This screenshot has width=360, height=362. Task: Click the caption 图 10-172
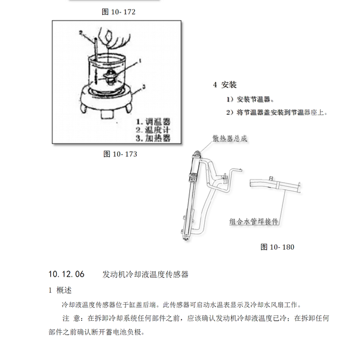(x=115, y=11)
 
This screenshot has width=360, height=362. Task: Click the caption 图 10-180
(x=278, y=246)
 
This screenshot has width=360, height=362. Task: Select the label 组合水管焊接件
(x=254, y=220)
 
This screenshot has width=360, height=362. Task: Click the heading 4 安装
(x=225, y=85)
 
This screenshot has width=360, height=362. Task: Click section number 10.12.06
(x=66, y=275)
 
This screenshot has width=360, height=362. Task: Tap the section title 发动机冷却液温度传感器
(x=146, y=275)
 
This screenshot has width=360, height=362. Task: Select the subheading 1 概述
(x=60, y=290)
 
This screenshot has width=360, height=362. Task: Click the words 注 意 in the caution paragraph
(x=73, y=318)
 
